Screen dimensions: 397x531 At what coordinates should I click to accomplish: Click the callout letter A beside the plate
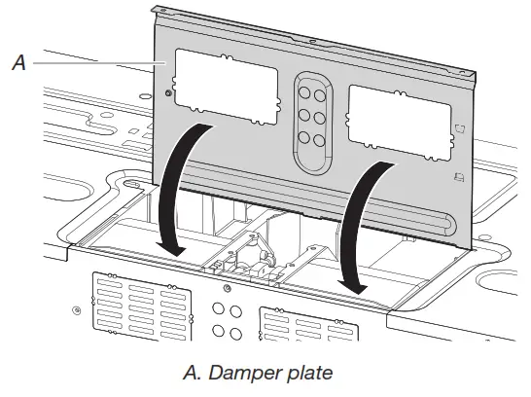18,63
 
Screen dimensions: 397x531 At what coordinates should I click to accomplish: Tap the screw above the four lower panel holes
226,291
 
